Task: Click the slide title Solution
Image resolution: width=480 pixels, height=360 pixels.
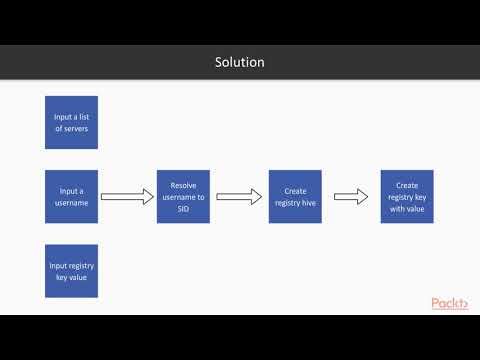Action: click(240, 62)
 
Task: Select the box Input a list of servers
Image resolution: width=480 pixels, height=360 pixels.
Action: click(71, 122)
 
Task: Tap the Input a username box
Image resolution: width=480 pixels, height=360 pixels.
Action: click(71, 196)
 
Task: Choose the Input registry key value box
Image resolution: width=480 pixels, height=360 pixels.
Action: click(71, 270)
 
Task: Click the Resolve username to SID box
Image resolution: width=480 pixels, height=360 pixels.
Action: click(183, 196)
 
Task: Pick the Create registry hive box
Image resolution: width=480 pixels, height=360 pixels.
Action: click(295, 196)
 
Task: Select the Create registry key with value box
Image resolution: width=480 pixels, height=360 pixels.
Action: click(407, 196)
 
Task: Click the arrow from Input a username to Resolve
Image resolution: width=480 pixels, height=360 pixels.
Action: click(127, 197)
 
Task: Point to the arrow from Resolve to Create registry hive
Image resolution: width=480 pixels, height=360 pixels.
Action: click(239, 197)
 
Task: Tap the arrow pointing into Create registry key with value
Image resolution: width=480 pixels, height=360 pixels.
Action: click(351, 197)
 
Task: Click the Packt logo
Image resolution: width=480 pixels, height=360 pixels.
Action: click(450, 302)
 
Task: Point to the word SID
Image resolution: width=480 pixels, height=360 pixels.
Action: click(183, 208)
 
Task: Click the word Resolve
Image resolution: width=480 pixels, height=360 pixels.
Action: click(183, 185)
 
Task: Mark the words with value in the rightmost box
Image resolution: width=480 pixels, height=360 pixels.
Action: click(407, 208)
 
